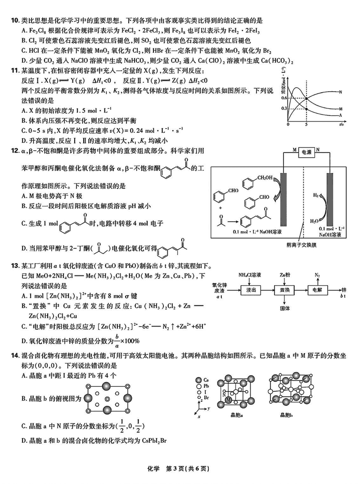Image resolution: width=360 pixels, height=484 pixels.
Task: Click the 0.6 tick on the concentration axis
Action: (x=284, y=98)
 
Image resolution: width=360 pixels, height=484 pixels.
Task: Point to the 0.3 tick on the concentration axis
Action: (x=284, y=108)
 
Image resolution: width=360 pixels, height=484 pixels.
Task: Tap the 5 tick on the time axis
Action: (x=306, y=125)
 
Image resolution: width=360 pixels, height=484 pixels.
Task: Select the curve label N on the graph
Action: (x=341, y=92)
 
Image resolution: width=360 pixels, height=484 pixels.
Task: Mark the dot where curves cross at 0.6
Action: (x=306, y=99)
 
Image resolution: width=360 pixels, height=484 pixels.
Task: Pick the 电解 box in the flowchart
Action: (x=316, y=291)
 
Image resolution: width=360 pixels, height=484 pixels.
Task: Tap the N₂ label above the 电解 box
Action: (x=317, y=274)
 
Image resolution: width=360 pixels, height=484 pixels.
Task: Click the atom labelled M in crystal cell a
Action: (x=229, y=399)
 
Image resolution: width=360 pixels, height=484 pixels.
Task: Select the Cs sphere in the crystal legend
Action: (x=198, y=380)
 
